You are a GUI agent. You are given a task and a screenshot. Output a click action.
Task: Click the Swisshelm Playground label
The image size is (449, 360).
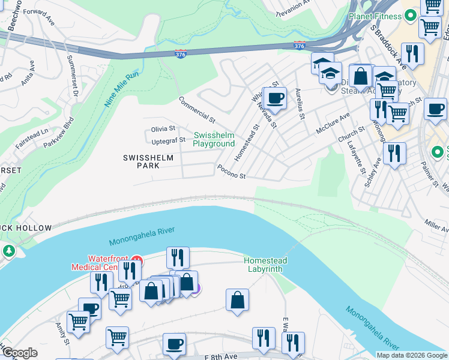click(x=214, y=139)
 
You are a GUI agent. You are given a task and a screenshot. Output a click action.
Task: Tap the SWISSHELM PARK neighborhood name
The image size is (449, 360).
click(x=148, y=161)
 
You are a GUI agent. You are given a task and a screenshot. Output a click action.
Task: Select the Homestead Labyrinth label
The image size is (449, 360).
click(x=265, y=265)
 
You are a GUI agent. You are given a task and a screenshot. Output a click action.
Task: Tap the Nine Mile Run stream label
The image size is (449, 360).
click(x=122, y=89)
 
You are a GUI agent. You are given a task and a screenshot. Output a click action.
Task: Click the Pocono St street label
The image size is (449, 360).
click(x=232, y=172)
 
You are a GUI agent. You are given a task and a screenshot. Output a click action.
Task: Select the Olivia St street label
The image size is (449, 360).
click(x=163, y=128)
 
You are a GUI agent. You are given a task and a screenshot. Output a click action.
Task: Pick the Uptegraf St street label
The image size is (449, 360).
click(x=169, y=140)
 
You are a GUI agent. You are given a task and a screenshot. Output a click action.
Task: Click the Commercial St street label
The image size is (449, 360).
click(x=196, y=109)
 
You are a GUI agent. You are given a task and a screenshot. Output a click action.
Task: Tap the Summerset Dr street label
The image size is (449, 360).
click(x=73, y=76)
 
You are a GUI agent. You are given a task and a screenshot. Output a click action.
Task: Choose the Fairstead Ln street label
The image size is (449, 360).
click(x=32, y=131)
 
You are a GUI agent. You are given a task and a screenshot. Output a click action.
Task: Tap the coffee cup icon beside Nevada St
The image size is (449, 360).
click(x=275, y=98)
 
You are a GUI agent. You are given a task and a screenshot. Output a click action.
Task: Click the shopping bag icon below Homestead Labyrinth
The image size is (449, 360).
click(x=238, y=299)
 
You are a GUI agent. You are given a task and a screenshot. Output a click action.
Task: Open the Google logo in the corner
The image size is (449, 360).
click(x=19, y=353)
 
